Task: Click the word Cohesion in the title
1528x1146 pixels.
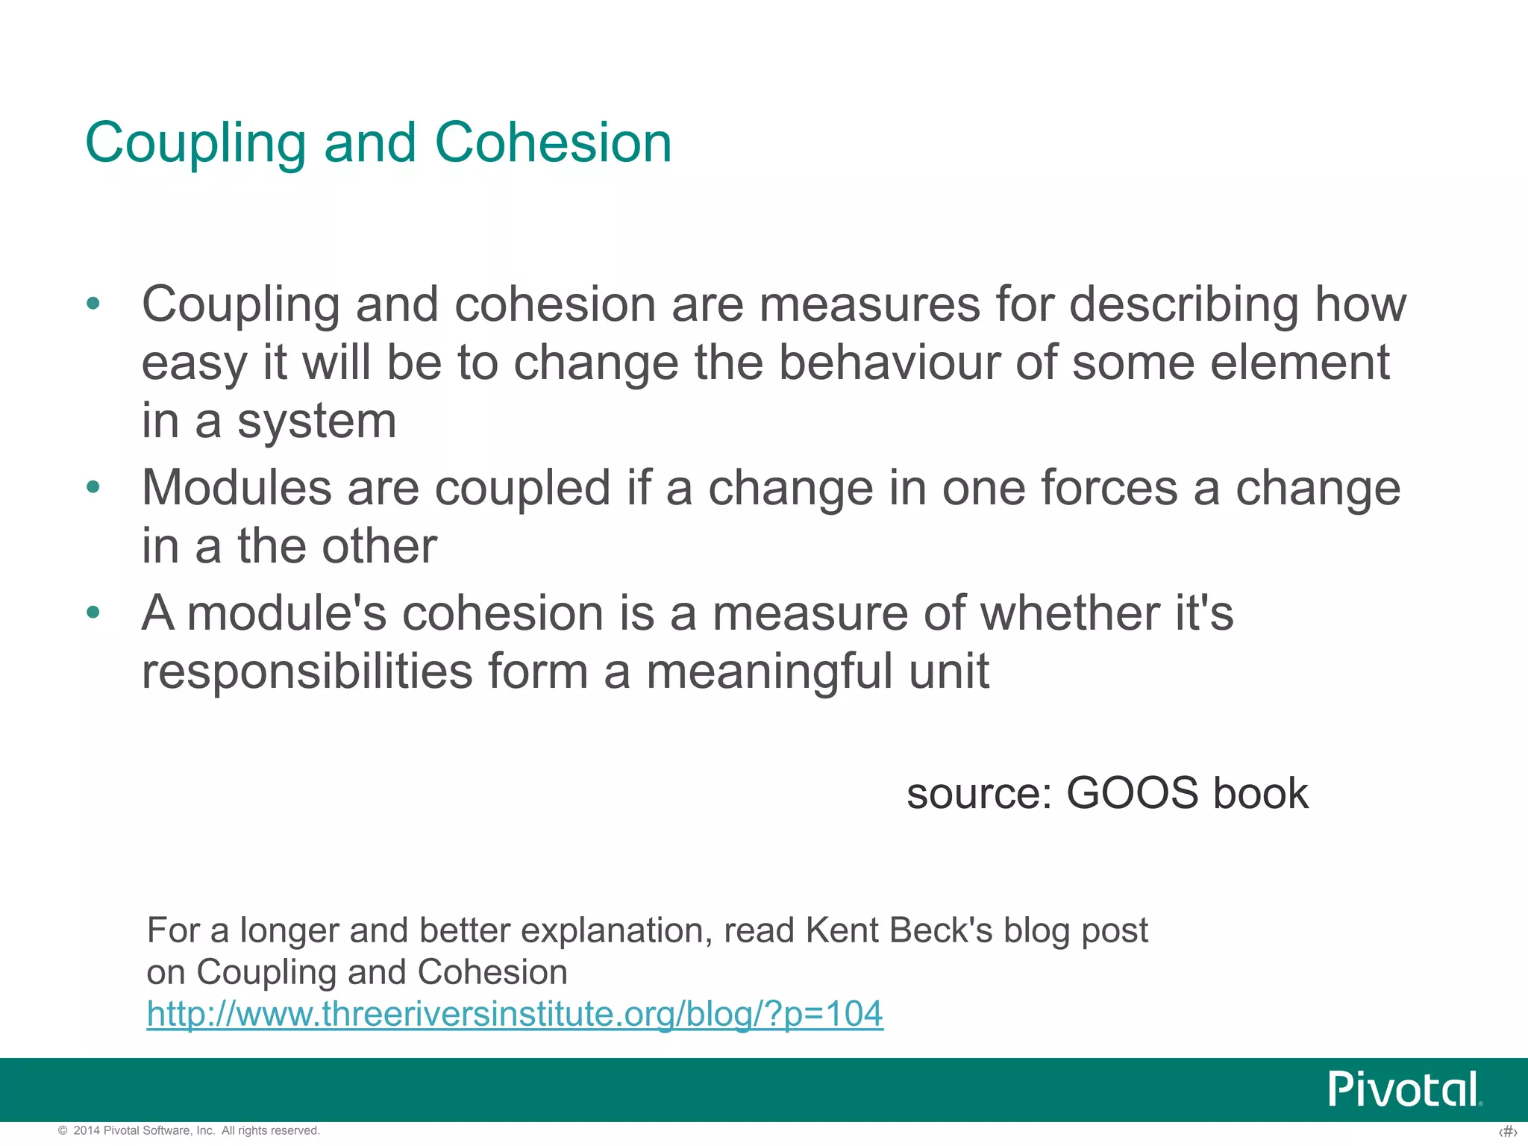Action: click(553, 143)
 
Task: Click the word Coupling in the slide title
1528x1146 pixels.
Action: click(195, 144)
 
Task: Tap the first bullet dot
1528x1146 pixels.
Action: click(93, 304)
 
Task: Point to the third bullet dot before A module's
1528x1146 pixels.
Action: click(93, 613)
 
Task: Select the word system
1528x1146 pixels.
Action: click(317, 422)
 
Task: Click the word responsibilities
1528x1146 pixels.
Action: click(307, 671)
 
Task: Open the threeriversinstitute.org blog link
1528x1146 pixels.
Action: click(515, 1014)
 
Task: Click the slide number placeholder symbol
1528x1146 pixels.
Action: click(1508, 1132)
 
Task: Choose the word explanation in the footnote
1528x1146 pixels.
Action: click(616, 931)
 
